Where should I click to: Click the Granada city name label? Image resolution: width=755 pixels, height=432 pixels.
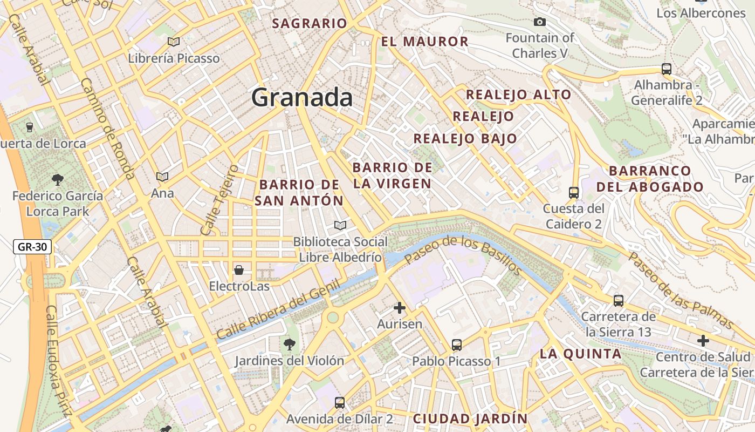[302, 98]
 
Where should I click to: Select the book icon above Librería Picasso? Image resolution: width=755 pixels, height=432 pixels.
[173, 42]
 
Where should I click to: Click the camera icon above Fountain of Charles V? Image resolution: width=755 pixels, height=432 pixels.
[539, 22]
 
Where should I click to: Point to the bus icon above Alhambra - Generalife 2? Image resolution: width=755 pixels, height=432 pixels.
[667, 69]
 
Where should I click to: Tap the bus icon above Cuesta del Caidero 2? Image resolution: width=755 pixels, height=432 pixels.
[574, 192]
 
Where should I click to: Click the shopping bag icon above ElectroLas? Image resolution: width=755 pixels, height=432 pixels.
[239, 269]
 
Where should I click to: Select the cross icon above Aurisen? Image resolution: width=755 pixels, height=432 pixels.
[399, 308]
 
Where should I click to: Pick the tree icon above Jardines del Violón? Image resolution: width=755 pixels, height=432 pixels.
[290, 343]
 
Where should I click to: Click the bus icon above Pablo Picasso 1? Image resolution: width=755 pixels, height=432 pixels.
[457, 345]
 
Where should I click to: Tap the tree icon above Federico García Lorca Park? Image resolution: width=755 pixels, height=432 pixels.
[57, 179]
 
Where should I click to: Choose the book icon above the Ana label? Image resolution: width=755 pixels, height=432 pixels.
[162, 177]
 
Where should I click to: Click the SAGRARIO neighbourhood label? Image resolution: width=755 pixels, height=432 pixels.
[310, 23]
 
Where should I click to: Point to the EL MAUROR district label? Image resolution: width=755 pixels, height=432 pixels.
[425, 42]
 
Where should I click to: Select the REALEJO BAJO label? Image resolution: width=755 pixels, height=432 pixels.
[465, 138]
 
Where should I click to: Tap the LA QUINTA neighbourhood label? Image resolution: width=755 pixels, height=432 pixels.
[581, 354]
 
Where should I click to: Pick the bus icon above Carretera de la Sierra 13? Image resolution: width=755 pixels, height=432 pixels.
[619, 300]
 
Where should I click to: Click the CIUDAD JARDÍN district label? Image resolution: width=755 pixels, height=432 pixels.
[470, 418]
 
